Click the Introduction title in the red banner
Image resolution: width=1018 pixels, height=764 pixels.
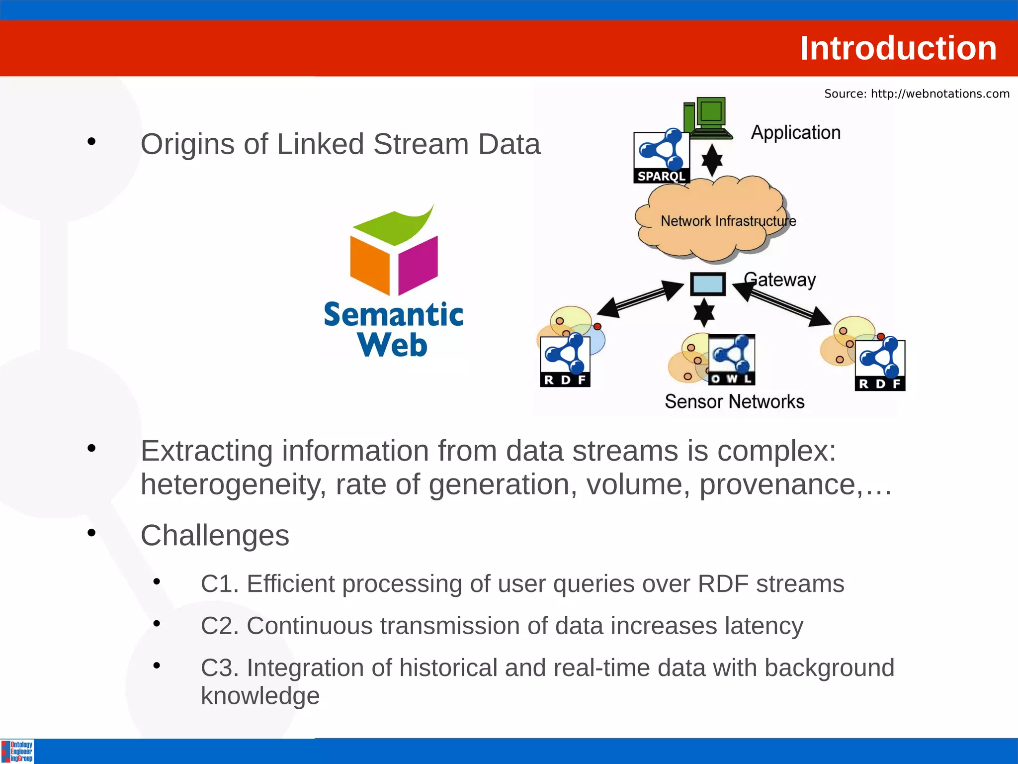[x=898, y=48]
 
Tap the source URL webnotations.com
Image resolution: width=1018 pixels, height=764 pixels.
[x=939, y=94]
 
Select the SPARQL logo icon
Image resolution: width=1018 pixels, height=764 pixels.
[x=662, y=157]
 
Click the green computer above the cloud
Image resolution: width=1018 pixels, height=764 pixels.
[x=710, y=117]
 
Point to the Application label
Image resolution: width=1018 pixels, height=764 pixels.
[x=795, y=132]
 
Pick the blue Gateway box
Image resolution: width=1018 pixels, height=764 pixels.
[x=708, y=284]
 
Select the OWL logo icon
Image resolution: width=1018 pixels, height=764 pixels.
[x=732, y=359]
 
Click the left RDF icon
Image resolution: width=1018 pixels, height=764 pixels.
[x=565, y=361]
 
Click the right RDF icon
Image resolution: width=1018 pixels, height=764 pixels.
[x=880, y=365]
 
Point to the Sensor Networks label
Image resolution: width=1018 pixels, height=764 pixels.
[x=734, y=401]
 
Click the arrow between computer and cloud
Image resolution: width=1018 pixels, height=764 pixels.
[x=712, y=160]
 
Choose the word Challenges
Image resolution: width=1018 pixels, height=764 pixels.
[x=215, y=535]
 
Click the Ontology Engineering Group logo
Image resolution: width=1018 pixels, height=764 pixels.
[x=17, y=751]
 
